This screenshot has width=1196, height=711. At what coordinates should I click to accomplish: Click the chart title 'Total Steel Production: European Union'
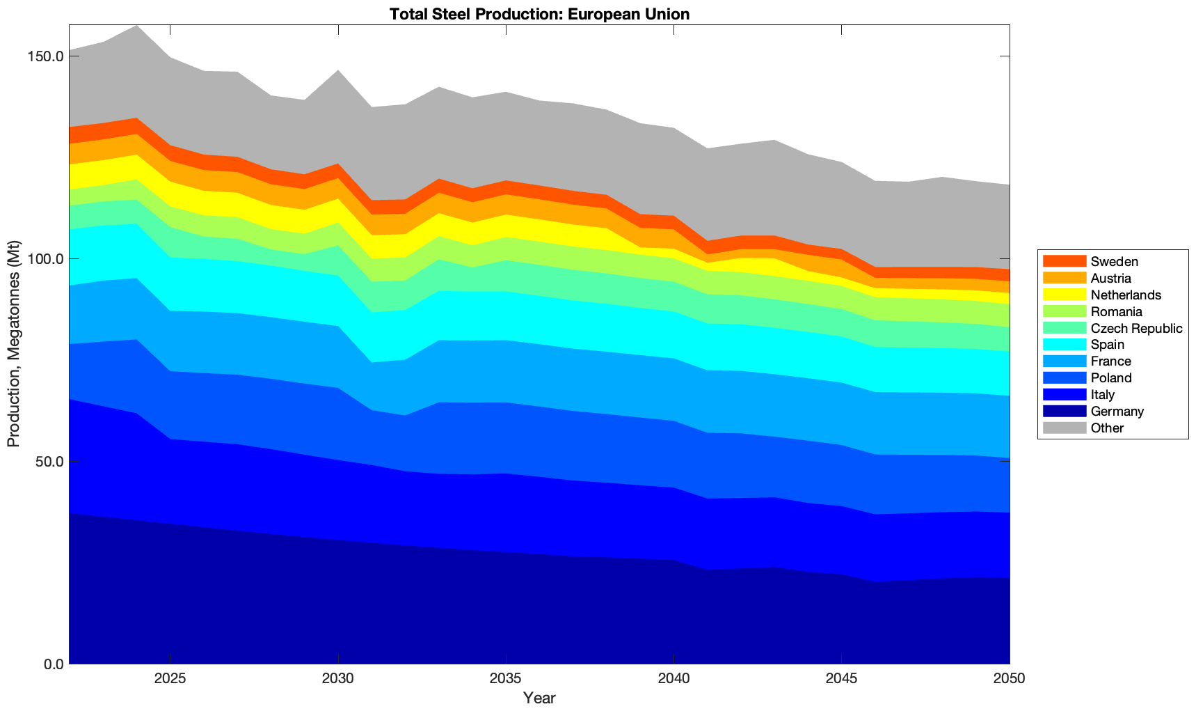[x=539, y=14]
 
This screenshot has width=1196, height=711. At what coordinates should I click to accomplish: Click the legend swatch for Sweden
[x=1064, y=261]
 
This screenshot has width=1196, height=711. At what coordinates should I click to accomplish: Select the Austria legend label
[x=1111, y=278]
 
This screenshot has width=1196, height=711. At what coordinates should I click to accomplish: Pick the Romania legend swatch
[x=1064, y=311]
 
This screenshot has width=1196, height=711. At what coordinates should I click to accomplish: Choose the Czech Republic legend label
[x=1136, y=328]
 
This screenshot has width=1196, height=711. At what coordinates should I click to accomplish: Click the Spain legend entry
[x=1107, y=345]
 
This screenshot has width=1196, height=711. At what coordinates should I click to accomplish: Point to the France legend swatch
[x=1064, y=361]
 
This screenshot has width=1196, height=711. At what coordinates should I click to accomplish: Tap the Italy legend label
[x=1103, y=394]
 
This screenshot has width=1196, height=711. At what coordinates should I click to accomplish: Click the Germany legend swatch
[x=1064, y=411]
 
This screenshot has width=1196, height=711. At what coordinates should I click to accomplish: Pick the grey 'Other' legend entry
[x=1107, y=428]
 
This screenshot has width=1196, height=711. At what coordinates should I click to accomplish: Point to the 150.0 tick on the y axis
[x=47, y=56]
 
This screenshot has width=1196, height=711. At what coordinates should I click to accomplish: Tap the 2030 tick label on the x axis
[x=337, y=679]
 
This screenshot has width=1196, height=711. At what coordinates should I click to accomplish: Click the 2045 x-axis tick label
[x=842, y=679]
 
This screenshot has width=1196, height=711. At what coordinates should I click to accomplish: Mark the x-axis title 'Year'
[x=539, y=698]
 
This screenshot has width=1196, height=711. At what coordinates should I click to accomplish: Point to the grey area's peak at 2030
[x=337, y=72]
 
